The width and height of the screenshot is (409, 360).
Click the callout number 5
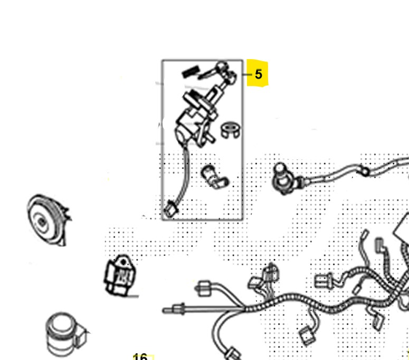258,74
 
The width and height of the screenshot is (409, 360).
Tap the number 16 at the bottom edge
140,357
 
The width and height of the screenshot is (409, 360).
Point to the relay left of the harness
120,276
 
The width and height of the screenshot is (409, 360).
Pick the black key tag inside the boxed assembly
191,71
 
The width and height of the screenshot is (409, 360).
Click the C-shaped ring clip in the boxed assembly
231,130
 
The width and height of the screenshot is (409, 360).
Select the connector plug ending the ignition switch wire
171,209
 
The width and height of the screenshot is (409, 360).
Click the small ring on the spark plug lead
365,172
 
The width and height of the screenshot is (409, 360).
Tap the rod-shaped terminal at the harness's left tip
174,310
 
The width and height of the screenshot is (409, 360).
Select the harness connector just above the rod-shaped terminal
204,288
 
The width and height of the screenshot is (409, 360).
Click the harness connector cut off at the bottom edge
233,354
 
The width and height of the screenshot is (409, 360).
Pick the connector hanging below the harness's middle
307,336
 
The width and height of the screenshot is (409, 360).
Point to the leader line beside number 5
248,74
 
